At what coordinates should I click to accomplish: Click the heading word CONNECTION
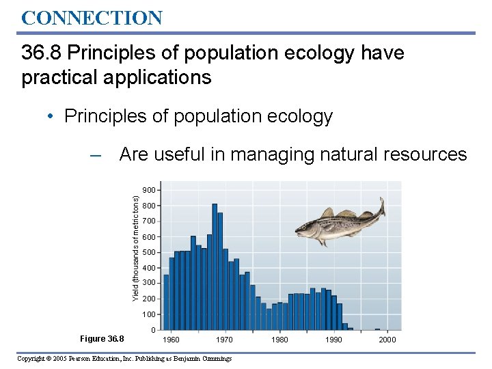point(92,18)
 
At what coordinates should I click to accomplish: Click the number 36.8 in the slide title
point(42,53)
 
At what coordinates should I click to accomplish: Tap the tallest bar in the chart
point(215,266)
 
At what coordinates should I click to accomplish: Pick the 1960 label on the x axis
point(171,340)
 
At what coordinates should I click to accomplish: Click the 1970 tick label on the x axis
point(225,340)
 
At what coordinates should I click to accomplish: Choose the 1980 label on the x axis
point(279,340)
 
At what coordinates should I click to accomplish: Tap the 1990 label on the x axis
point(333,340)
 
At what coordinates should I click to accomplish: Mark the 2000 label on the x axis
point(387,340)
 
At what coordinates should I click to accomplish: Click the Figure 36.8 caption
point(102,339)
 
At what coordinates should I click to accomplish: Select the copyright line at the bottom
point(124,359)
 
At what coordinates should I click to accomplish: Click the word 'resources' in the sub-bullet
point(427,155)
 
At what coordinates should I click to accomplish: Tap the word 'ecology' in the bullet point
point(298,117)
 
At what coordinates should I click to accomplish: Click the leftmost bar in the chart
point(166,302)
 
